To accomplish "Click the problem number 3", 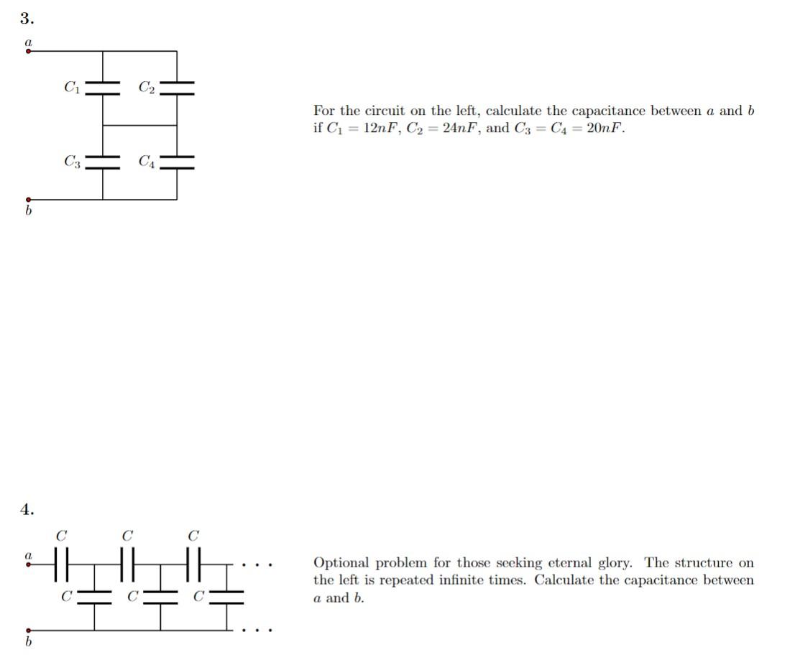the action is point(27,18).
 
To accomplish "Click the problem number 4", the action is point(27,509).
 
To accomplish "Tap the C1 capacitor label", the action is point(72,88).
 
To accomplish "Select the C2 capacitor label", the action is point(146,88).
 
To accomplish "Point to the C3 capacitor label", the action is point(72,162).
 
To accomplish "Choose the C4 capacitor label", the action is point(146,162).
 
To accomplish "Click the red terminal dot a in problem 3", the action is point(28,52).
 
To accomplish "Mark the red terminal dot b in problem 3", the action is point(28,200).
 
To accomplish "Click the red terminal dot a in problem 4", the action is point(28,564).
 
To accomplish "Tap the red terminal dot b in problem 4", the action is point(28,631).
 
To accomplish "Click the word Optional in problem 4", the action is point(341,563).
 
